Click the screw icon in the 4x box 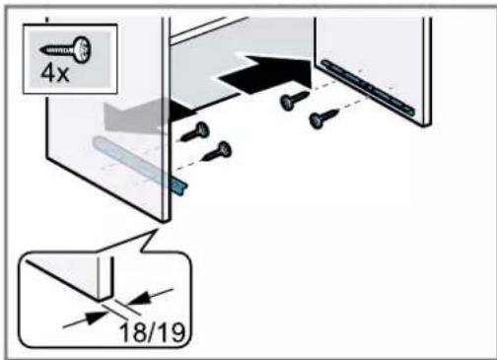(66, 50)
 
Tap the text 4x (55, 74)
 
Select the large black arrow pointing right (265, 75)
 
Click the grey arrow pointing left (131, 115)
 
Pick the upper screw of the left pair (194, 132)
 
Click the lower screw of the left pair (217, 152)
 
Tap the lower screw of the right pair (323, 119)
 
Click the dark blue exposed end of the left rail (179, 185)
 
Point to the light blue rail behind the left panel (131, 160)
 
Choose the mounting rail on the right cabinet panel (368, 88)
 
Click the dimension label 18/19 (152, 332)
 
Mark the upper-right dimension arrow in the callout (150, 297)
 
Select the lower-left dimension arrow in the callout (86, 320)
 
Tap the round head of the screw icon (82, 50)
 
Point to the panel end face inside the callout (106, 279)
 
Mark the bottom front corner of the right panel (425, 126)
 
